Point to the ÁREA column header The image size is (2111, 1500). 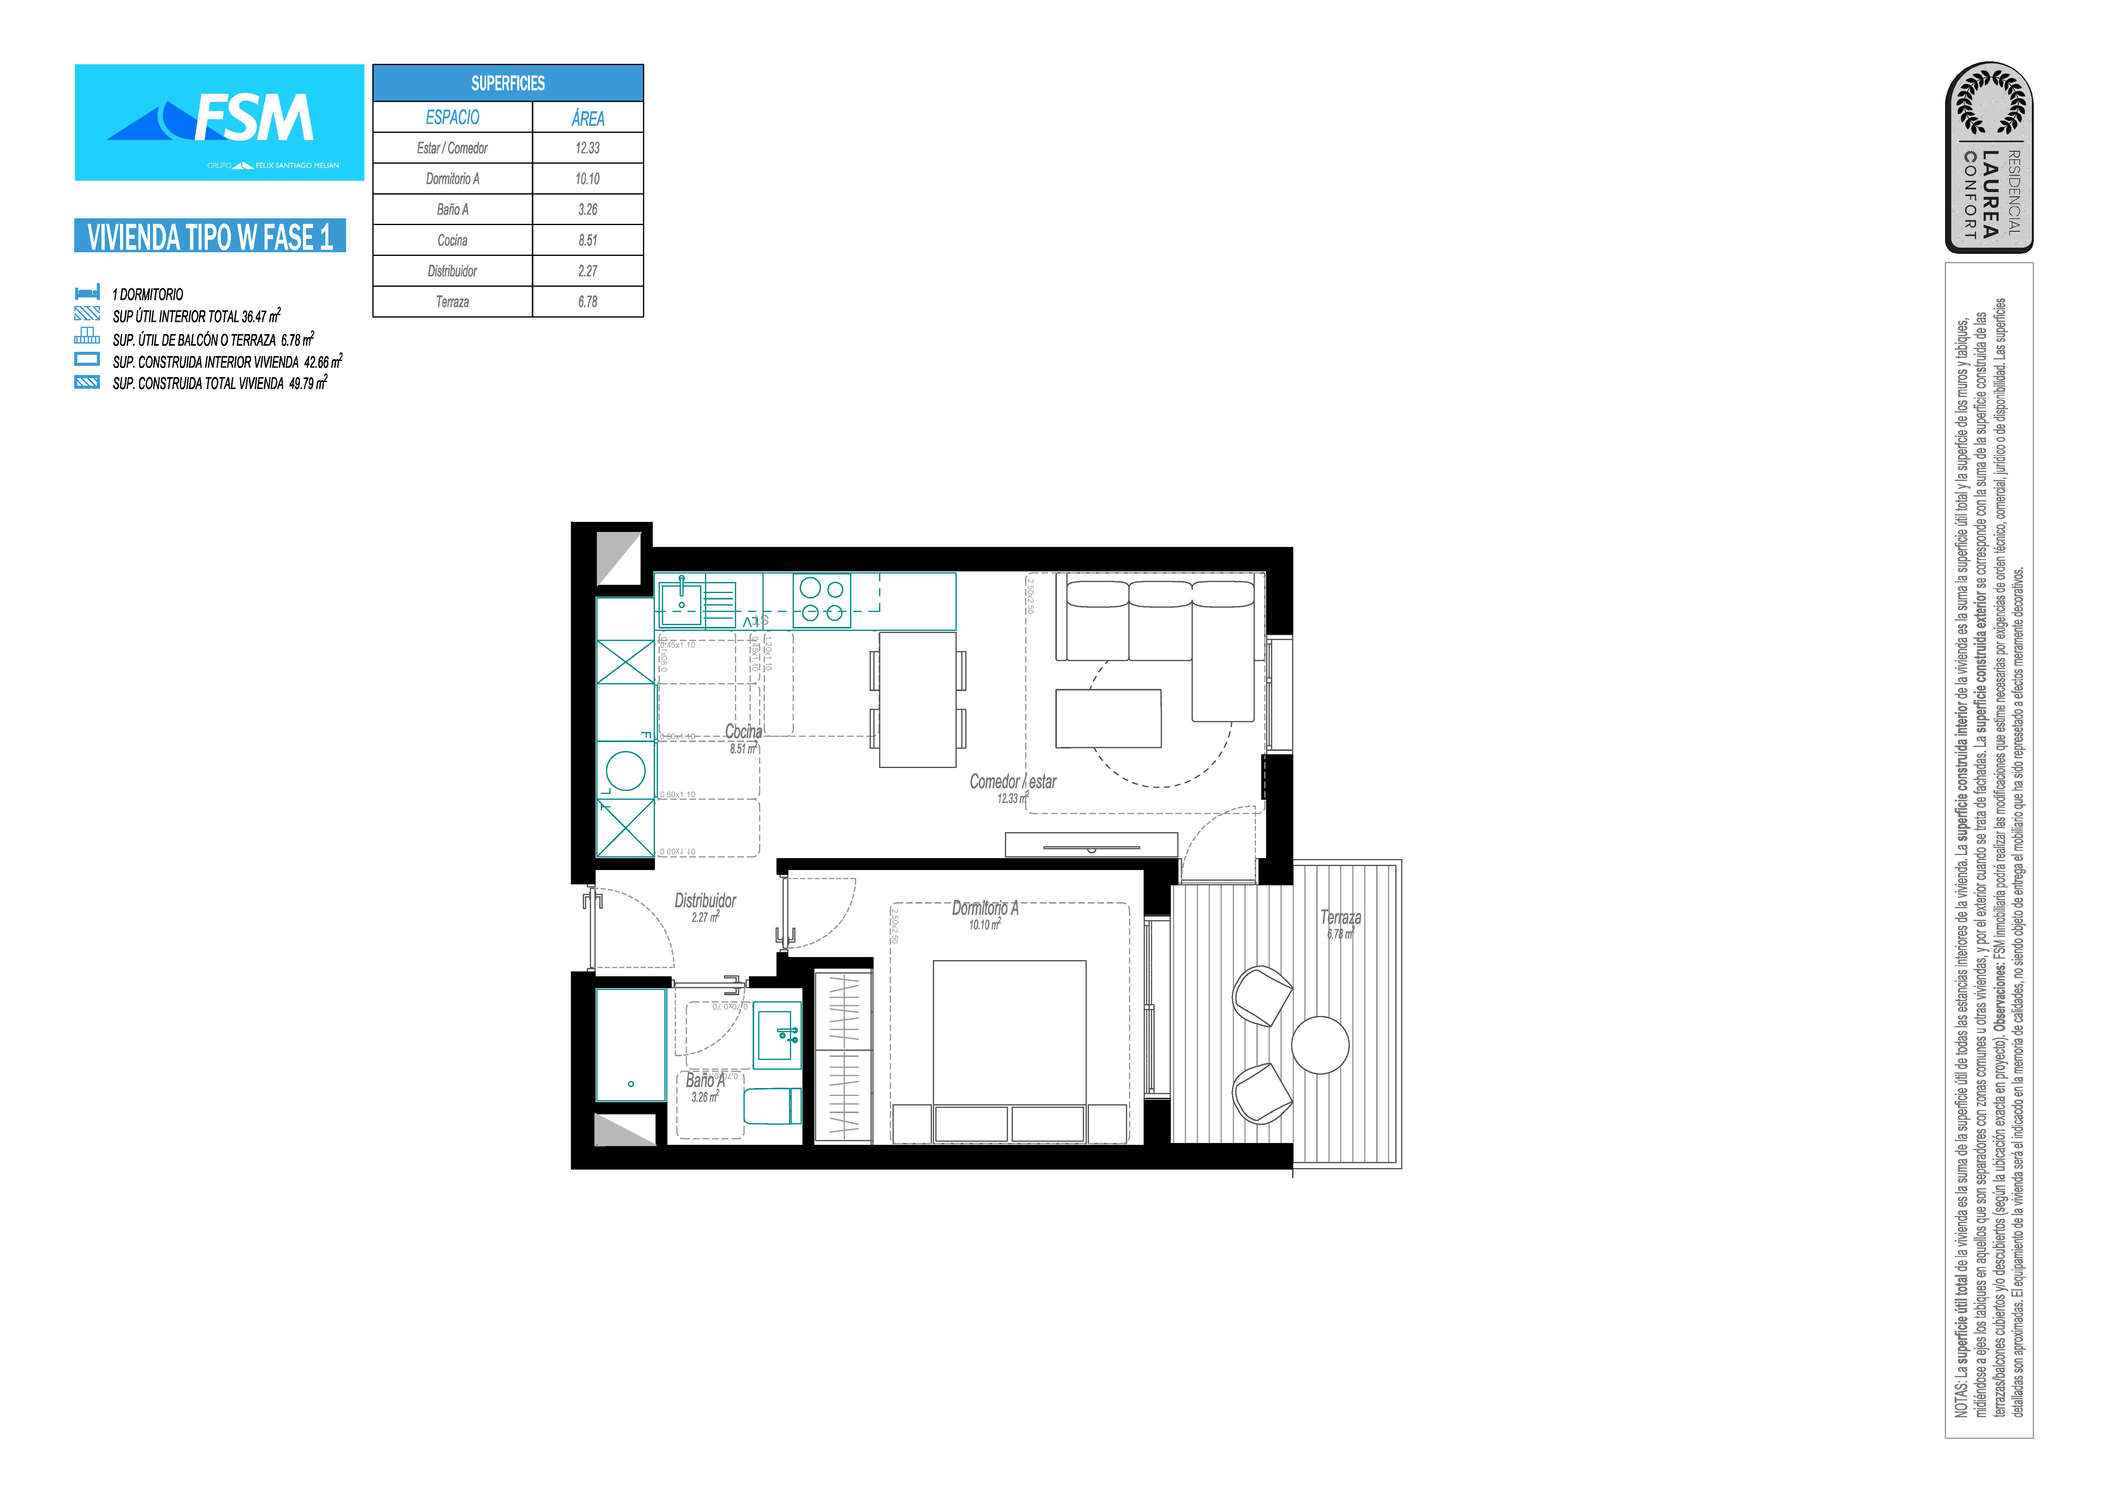(x=588, y=117)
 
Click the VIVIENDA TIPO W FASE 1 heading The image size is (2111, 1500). (x=210, y=236)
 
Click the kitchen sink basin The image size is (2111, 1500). (x=682, y=604)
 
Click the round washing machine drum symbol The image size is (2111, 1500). (x=626, y=770)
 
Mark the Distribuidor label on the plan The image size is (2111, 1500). (x=705, y=901)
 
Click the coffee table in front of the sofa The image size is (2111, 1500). (x=1108, y=718)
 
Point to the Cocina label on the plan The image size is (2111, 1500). (x=743, y=732)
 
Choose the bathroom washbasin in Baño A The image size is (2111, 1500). (x=777, y=1035)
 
